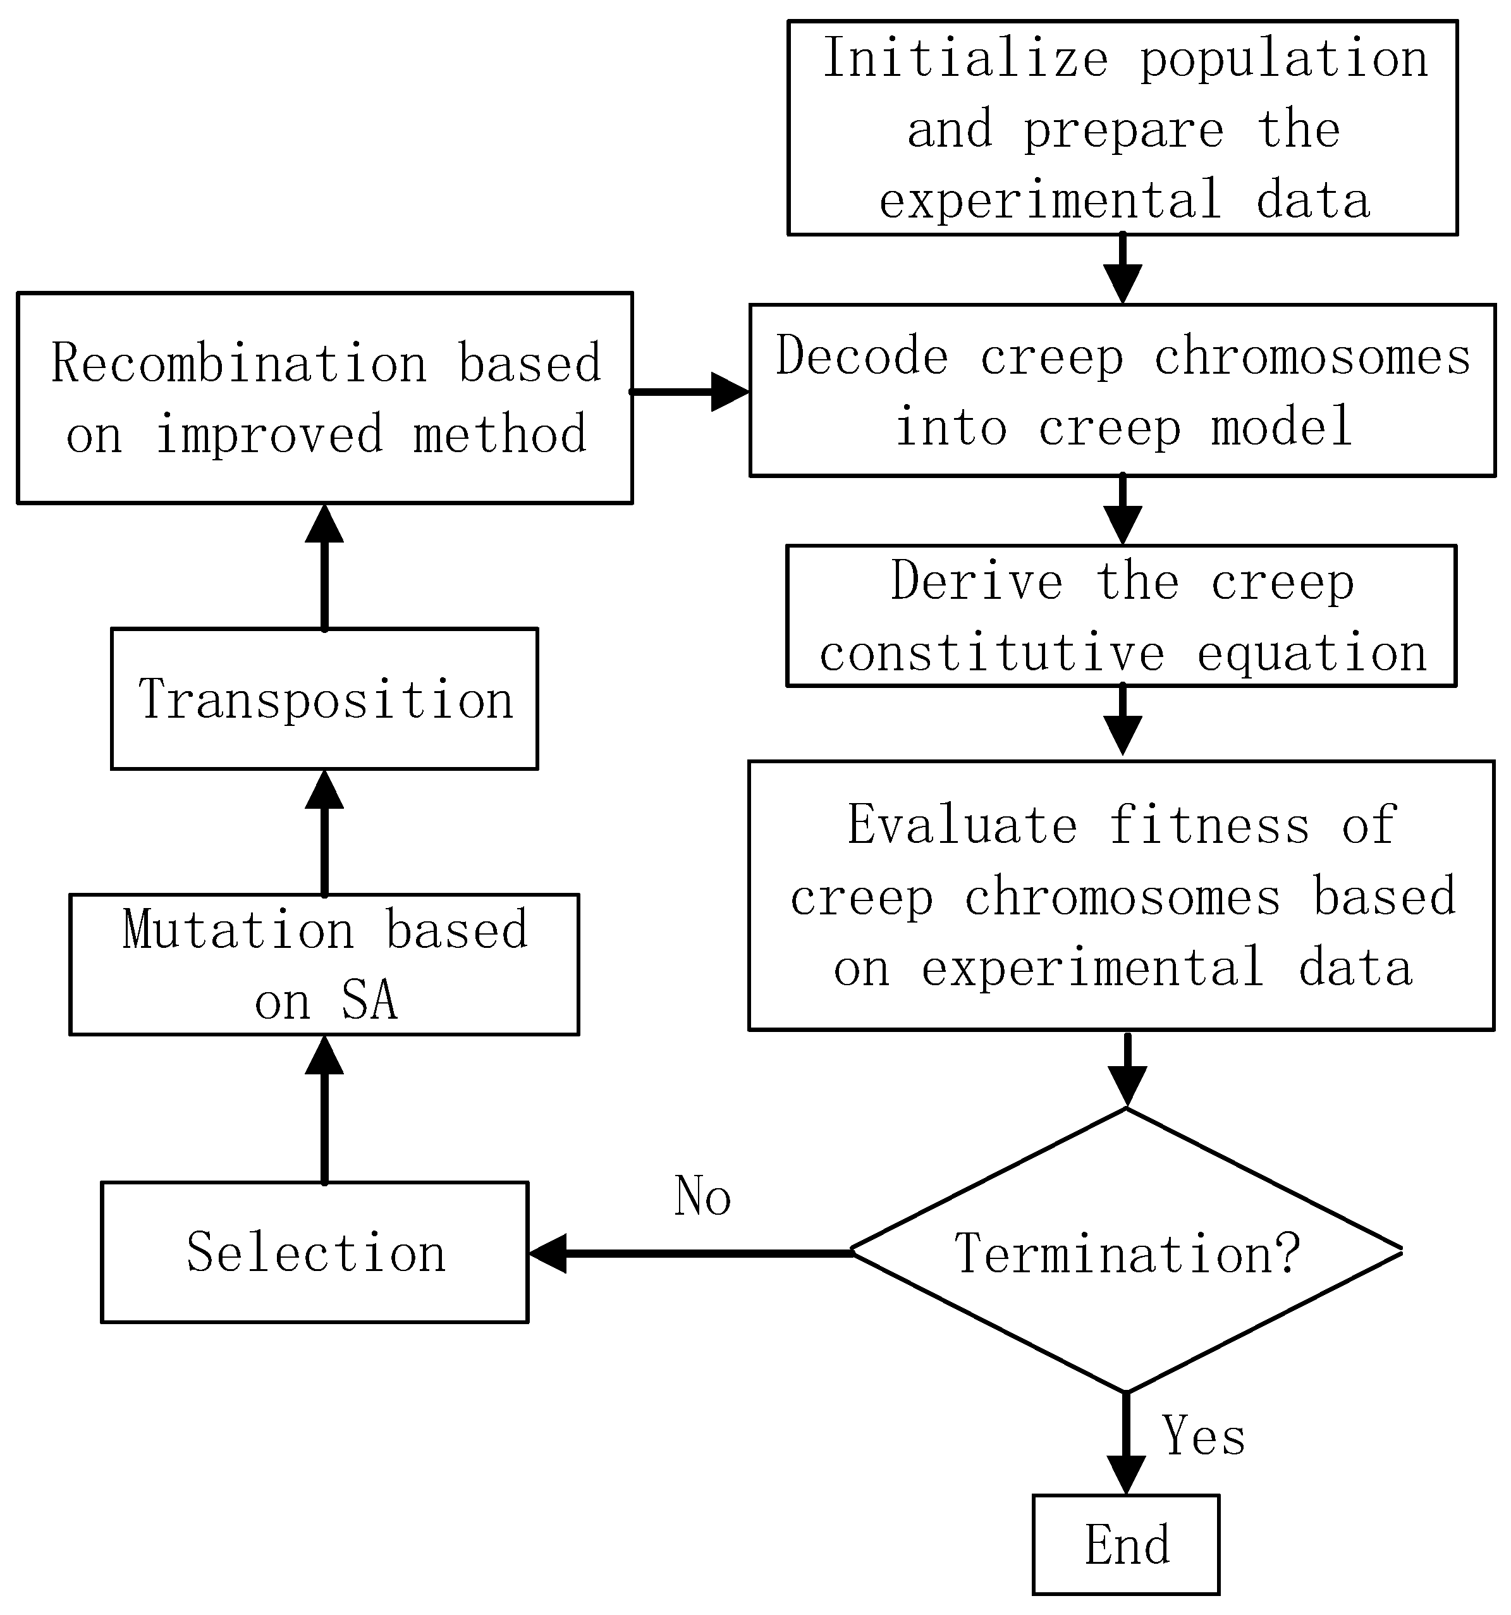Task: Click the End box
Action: point(1126,1544)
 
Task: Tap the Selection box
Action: point(315,1252)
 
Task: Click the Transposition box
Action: point(324,699)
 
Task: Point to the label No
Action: point(702,1196)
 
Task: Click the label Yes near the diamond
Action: point(1203,1435)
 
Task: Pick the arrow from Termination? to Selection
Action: point(690,1253)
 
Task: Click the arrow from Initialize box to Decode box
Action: point(1123,268)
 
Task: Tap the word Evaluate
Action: point(963,825)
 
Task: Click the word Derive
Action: point(977,581)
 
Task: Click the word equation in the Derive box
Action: point(1312,653)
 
